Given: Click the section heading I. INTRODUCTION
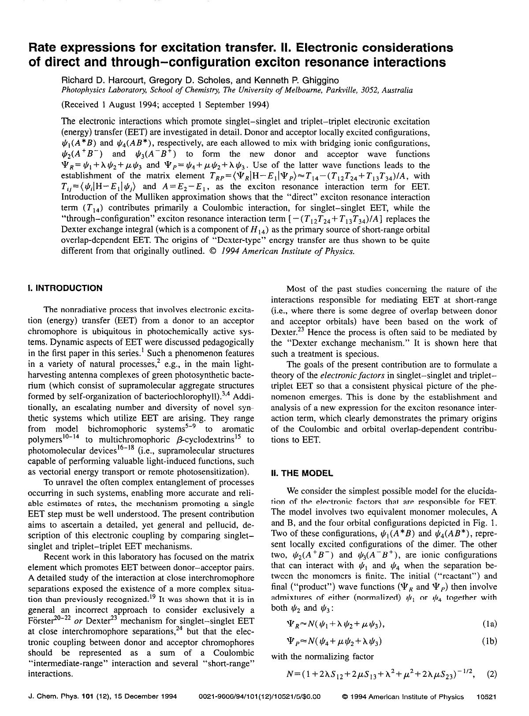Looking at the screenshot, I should coord(65,288).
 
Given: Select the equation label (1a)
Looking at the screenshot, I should coord(489,624).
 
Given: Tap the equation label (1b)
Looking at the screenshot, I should coord(489,641).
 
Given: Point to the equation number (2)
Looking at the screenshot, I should coord(492,673).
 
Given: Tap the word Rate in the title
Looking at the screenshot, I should coord(43,48).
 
